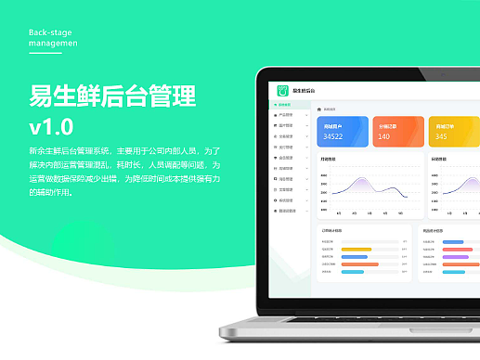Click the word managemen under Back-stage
[x=53, y=43]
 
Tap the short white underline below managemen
[x=45, y=53]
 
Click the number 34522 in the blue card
[x=334, y=137]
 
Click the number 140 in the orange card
[x=384, y=137]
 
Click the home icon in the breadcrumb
[x=320, y=109]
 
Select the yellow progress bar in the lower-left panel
[x=357, y=249]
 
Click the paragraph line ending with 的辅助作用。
[x=57, y=193]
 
